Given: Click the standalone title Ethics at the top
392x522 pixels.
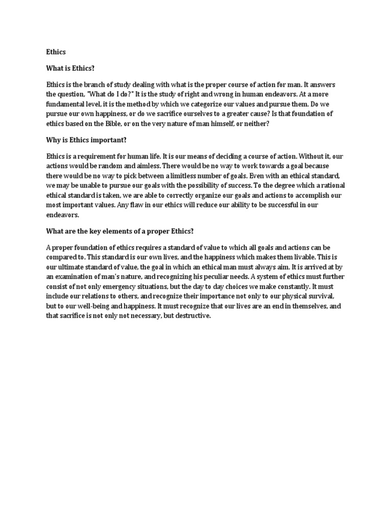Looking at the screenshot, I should click(56, 52).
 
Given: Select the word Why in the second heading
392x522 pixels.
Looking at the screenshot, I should click(54, 152).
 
